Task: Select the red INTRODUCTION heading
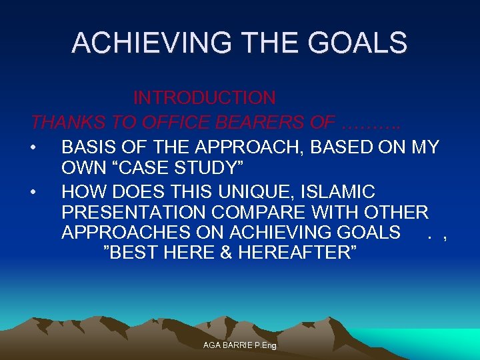pos(204,98)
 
